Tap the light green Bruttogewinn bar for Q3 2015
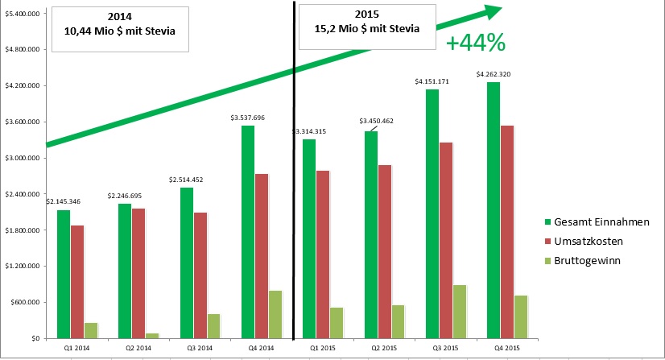(461, 311)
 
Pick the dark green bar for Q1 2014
(64, 274)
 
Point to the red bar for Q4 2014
(261, 255)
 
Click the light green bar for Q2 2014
(152, 335)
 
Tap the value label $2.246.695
(125, 196)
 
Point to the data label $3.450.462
(376, 121)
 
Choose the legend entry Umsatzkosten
(589, 241)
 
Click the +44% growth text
(475, 43)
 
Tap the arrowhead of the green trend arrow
(493, 10)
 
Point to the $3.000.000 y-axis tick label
(23, 158)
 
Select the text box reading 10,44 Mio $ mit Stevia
(119, 30)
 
